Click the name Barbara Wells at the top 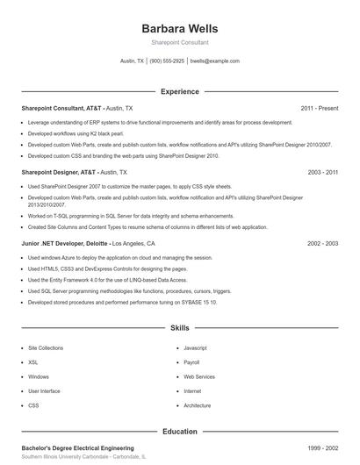pos(179,28)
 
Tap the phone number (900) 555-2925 pos(167,61)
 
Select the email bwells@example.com pos(214,61)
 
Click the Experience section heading pos(179,91)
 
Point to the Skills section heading pos(179,327)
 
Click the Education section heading pos(179,431)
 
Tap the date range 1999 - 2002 pos(323,447)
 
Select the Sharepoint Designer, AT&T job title pos(59,173)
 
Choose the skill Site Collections pos(46,347)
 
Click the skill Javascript pos(195,347)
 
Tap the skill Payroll pos(191,361)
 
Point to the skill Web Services pos(198,376)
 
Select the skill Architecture pos(198,405)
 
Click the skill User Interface pos(44,390)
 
